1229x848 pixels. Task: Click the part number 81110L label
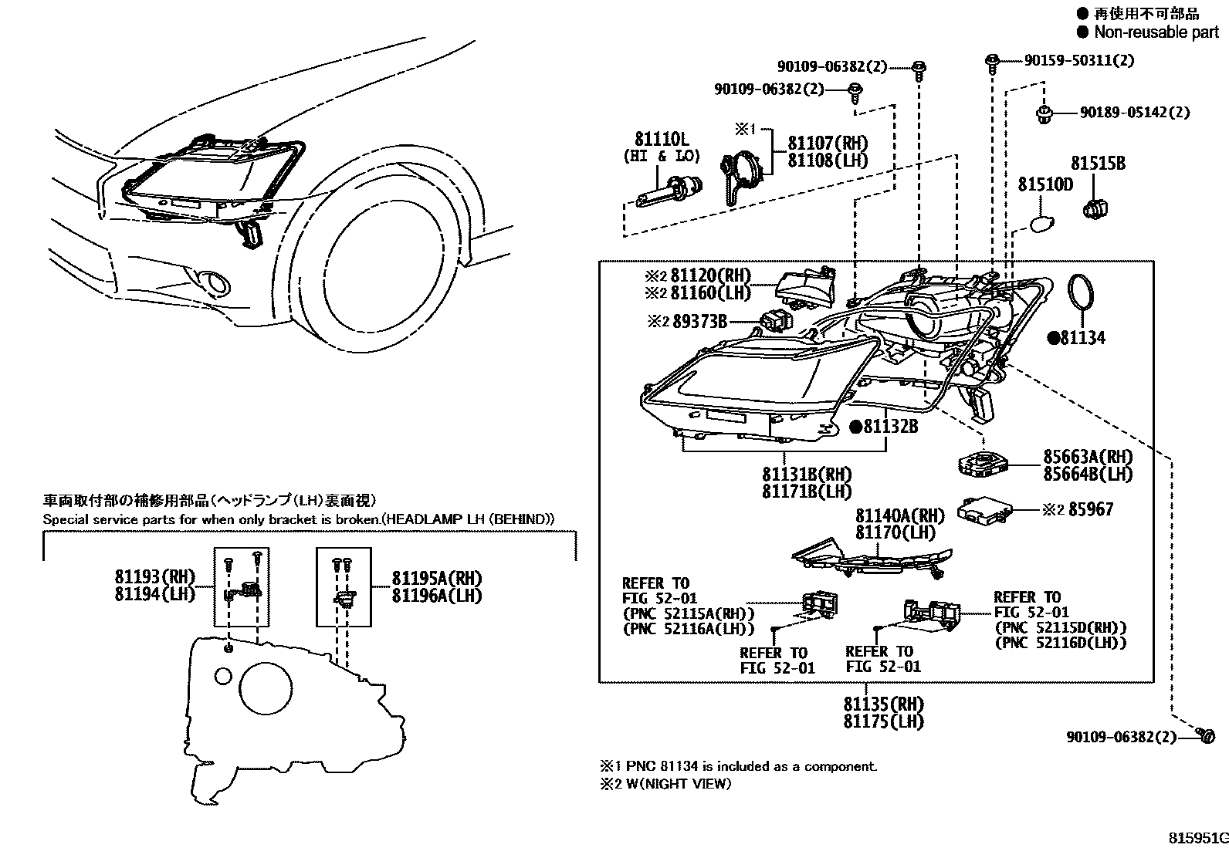(661, 140)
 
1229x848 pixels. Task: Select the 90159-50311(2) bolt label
(1078, 60)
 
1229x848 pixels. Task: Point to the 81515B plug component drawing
(1096, 208)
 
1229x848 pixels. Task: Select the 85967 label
(1091, 510)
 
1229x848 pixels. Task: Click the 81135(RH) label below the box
(883, 704)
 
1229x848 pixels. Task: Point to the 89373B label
(699, 322)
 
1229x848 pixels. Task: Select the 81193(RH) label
(155, 577)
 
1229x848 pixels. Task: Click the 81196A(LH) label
(436, 596)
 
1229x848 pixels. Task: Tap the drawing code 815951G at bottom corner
(1197, 838)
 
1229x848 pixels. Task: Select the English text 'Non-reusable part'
(1156, 32)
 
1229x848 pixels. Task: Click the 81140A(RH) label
(899, 515)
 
